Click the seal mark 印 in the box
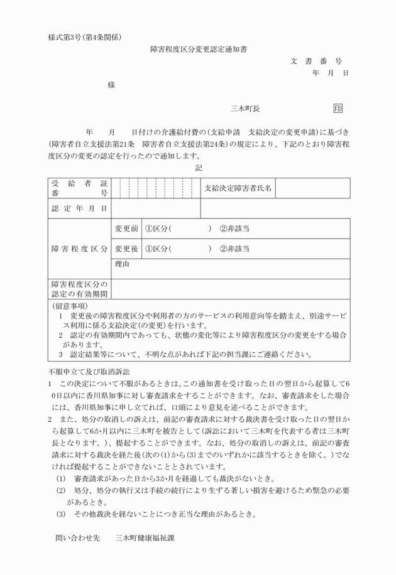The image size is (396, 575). pos(338,108)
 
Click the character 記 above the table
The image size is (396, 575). pos(199,168)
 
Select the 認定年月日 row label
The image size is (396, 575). pos(79,208)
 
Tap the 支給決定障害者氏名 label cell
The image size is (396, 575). pos(238,188)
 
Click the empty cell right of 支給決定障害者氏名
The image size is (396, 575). pos(313,188)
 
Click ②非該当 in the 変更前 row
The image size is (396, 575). pos(234,228)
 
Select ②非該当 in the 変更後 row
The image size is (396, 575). pos(234,249)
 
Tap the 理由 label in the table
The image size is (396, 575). pos(122,264)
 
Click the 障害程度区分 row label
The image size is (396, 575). pos(79,249)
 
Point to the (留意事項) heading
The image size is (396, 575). pos(71,305)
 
